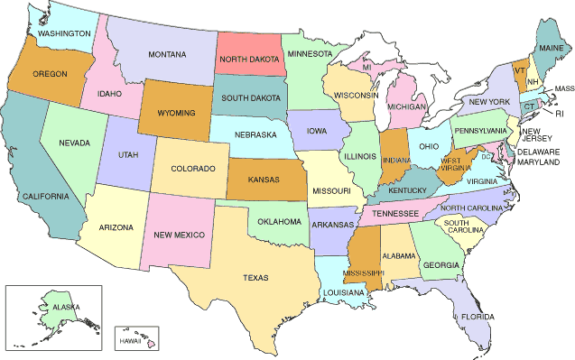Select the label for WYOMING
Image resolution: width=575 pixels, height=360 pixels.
tap(175, 116)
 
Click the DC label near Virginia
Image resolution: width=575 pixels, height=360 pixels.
tap(485, 158)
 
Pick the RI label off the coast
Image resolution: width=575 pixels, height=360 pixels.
tap(559, 114)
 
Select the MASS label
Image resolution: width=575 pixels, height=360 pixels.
tap(564, 88)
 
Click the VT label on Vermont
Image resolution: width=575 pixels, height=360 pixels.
tap(520, 69)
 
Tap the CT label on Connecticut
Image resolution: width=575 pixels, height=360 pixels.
tap(529, 106)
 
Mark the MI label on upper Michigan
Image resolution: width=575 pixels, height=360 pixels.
tap(366, 68)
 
